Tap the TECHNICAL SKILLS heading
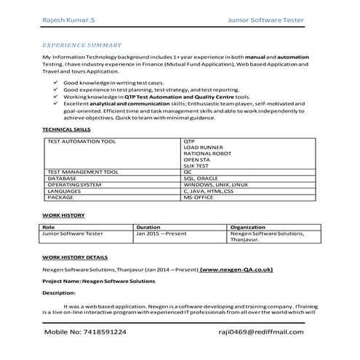[x=66, y=129]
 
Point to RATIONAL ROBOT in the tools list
[x=205, y=153]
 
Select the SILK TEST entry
[x=197, y=166]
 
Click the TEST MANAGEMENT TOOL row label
[x=82, y=172]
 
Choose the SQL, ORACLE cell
[x=201, y=178]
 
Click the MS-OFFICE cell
[x=199, y=197]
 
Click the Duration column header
[x=148, y=227]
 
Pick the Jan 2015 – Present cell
[x=161, y=233]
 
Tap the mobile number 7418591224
[x=85, y=331]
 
